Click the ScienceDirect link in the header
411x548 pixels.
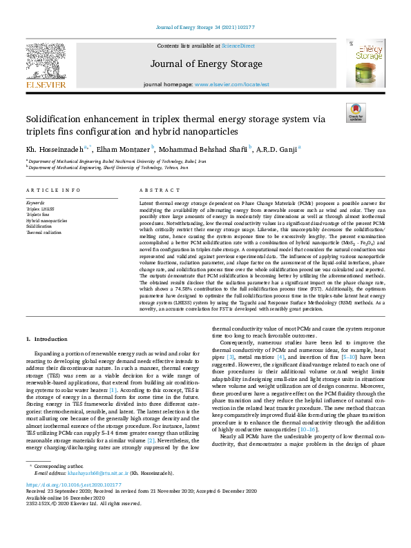click(238, 46)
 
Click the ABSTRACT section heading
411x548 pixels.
click(155, 190)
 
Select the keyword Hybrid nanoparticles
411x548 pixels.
click(47, 221)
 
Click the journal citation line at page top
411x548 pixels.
click(205, 28)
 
